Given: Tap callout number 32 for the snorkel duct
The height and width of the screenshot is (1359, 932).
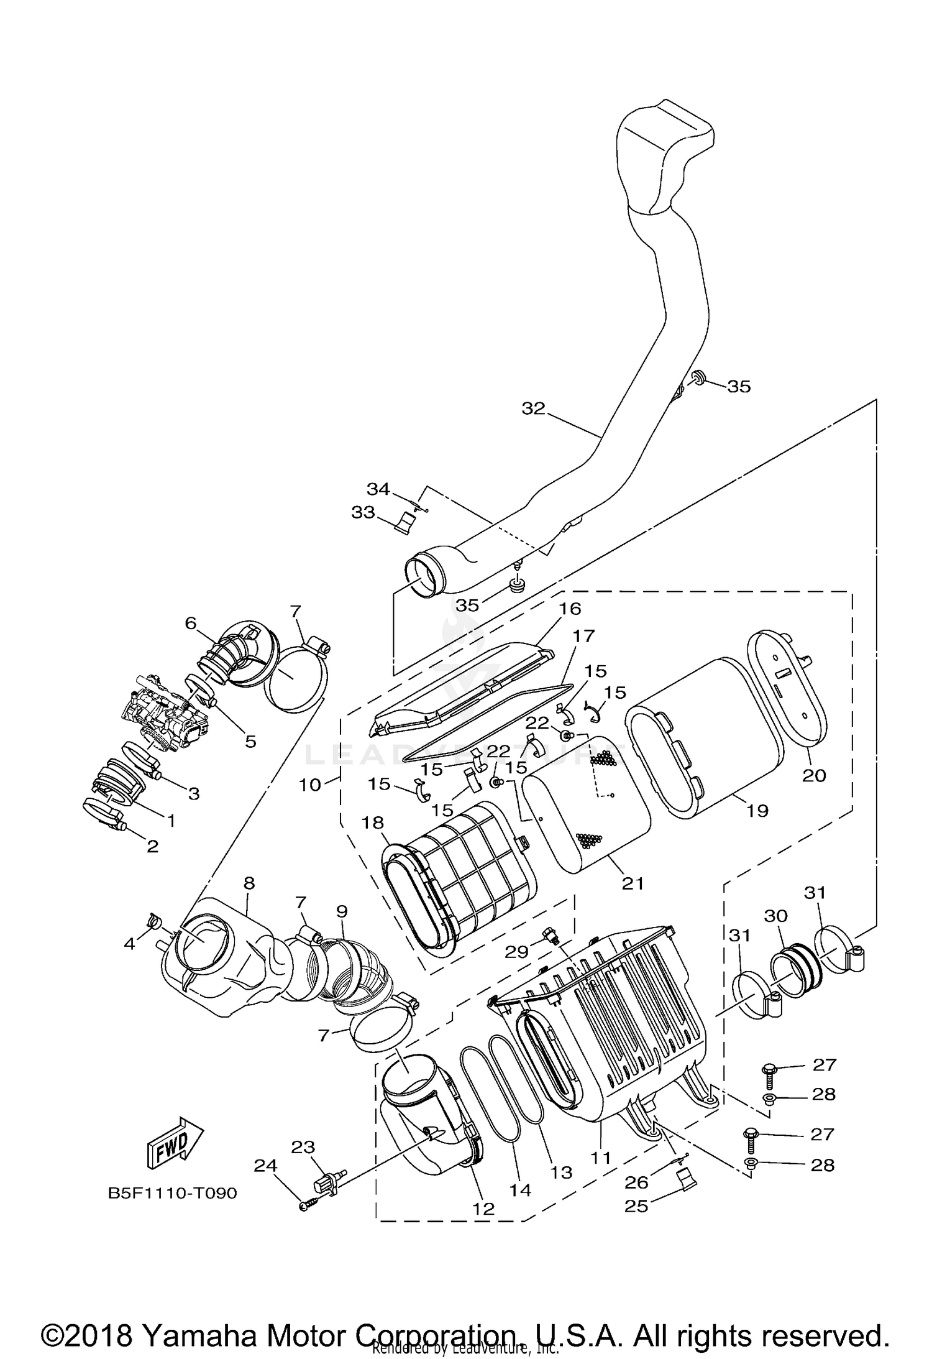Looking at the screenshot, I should coord(533,408).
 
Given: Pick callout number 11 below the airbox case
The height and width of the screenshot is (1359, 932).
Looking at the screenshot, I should coord(601,1158).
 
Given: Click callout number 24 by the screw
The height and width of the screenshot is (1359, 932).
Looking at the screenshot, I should coord(265,1166).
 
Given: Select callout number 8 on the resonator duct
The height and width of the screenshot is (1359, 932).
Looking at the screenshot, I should coord(249,883).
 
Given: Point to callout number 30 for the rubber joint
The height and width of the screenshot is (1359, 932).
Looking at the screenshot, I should coord(776,916).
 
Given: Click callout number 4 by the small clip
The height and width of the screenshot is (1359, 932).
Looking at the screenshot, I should coord(129,944).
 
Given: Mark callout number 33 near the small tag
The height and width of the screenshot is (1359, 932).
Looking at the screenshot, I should coord(363,512).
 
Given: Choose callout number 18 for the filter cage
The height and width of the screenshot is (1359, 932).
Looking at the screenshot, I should coord(373,822).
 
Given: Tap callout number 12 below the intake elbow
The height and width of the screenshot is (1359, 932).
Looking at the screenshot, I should coord(483,1209).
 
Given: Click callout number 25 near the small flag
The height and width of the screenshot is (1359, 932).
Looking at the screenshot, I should coord(637,1206).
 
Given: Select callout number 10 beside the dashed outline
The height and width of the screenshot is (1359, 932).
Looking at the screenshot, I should coord(310,785).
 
